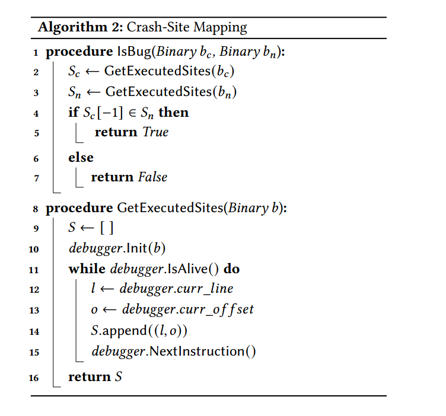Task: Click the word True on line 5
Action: tap(156, 132)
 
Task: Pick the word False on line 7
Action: tap(153, 177)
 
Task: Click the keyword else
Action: tap(81, 157)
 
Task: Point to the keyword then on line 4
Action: tap(174, 113)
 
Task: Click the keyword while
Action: tap(87, 269)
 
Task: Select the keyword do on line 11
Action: tap(232, 269)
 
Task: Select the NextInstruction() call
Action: tap(203, 351)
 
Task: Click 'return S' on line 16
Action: tap(95, 377)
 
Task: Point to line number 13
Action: tap(34, 311)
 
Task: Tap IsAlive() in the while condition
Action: tap(190, 269)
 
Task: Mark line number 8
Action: tap(36, 209)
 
